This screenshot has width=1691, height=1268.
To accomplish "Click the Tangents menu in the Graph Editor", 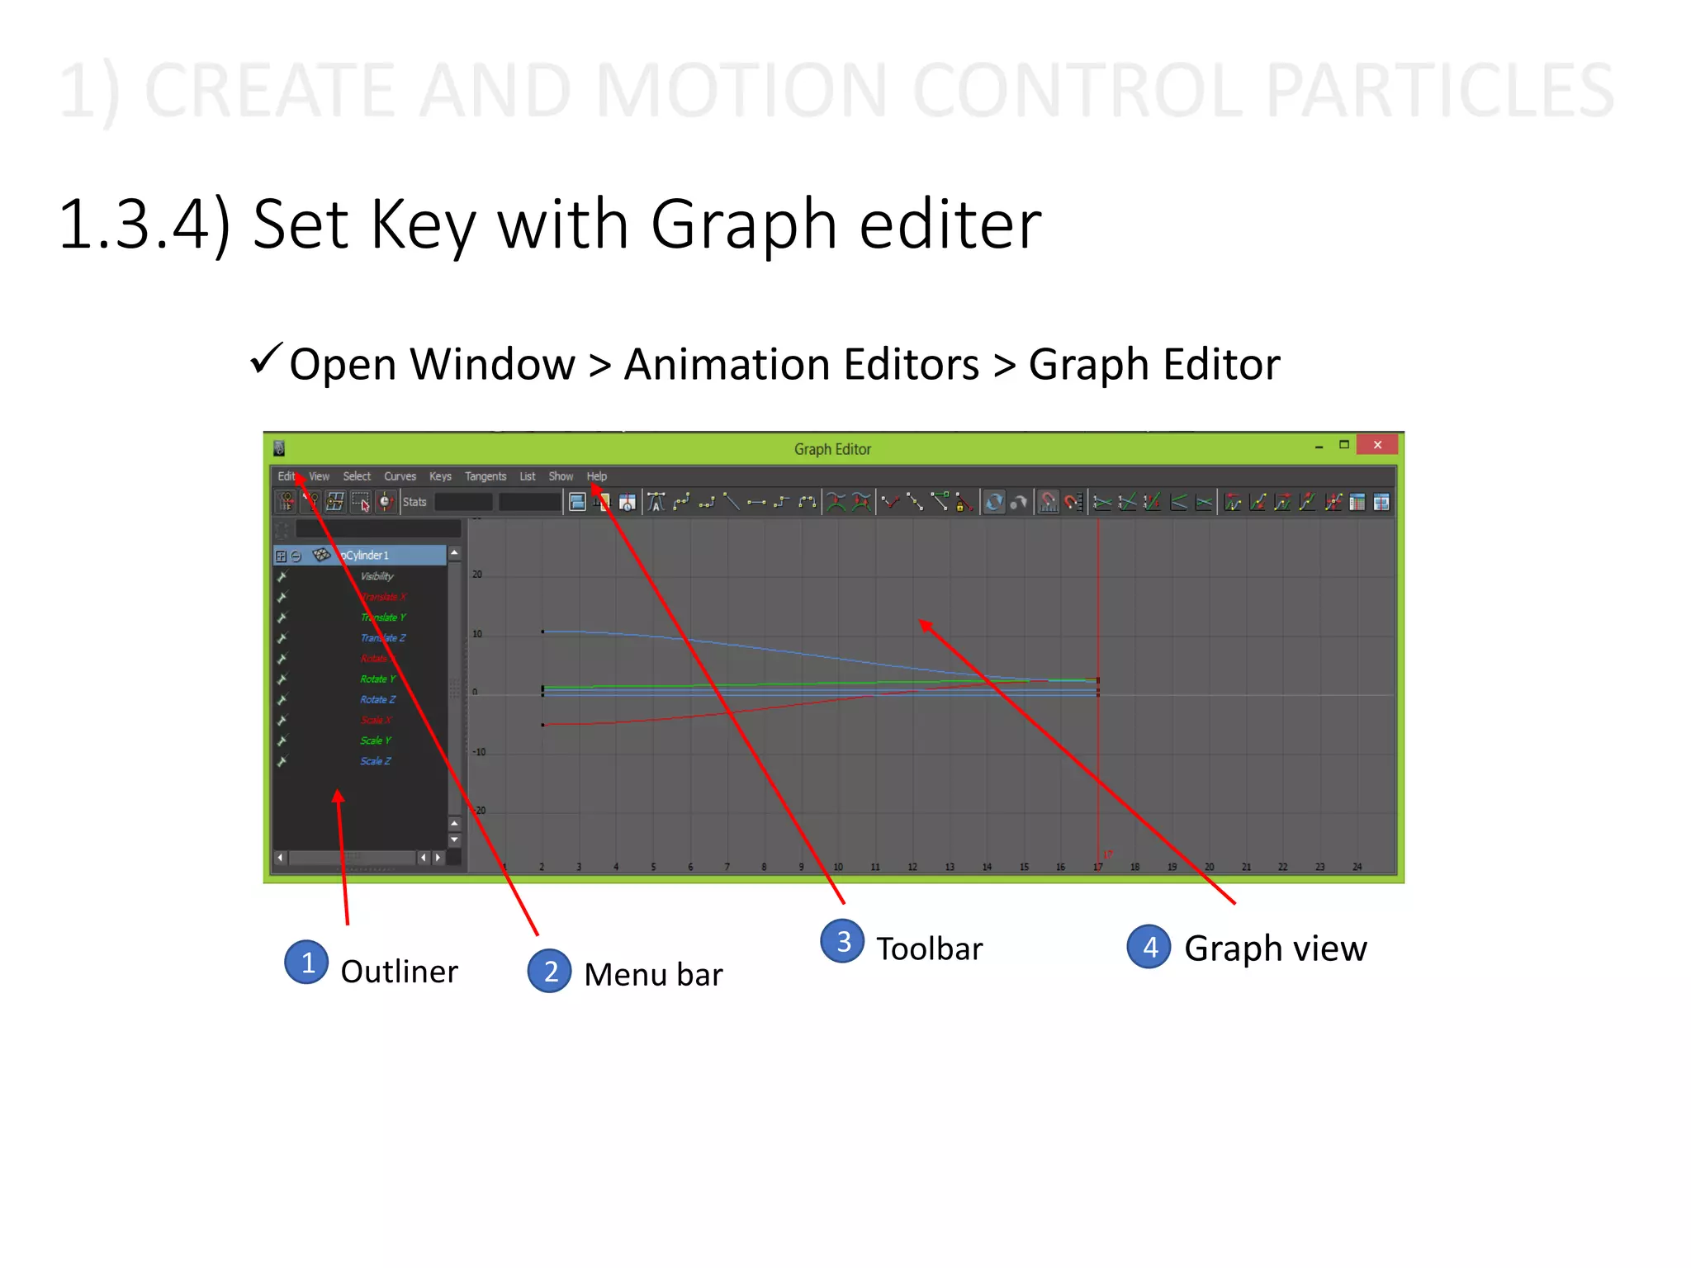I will coord(485,476).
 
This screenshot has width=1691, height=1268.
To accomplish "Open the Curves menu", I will coord(400,476).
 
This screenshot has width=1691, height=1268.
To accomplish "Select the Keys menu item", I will coord(440,476).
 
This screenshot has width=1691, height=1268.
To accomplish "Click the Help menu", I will coord(596,476).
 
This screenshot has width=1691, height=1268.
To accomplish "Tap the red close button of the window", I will coord(1377,445).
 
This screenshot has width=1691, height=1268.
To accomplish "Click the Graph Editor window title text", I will coord(832,449).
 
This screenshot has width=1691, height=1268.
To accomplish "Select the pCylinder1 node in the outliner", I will coord(365,556).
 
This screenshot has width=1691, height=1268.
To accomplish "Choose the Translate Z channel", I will coord(383,638).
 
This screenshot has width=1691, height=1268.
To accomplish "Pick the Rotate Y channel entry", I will coord(378,679).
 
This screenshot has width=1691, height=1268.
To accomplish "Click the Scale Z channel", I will coord(376,761).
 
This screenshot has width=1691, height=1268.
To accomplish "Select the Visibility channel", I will coord(377,576).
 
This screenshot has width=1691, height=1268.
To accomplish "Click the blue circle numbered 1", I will coord(306,963).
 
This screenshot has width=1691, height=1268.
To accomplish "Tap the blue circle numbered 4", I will coord(1149,947).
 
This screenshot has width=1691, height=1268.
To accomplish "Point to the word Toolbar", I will coord(929,949).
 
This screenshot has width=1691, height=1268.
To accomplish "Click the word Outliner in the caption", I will coord(399,972).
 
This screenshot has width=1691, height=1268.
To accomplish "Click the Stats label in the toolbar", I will coord(414,502).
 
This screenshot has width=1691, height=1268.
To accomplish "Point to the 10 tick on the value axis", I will coord(477,634).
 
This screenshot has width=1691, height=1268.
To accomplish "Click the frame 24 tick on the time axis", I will coord(1357,867).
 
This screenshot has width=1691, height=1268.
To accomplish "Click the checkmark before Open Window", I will coord(266,360).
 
